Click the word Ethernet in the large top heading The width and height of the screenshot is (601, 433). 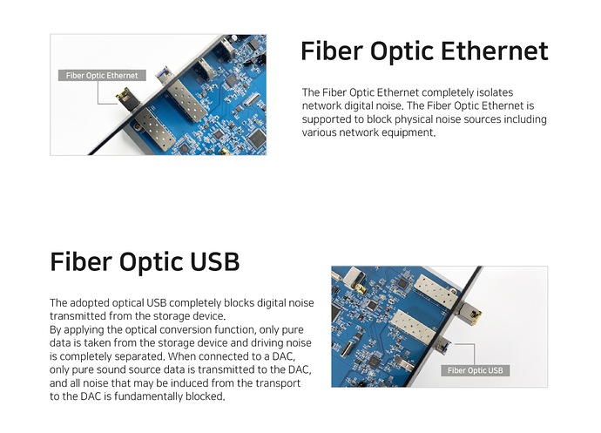495,51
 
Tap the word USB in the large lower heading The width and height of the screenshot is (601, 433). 214,262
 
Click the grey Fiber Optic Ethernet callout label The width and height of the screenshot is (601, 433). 102,75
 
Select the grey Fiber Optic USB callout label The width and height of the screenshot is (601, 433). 476,370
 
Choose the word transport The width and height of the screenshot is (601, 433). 278,383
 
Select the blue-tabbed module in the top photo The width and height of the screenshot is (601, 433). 164,74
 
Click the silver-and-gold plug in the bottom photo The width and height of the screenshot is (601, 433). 468,314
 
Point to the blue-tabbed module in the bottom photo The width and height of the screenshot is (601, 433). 443,342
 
